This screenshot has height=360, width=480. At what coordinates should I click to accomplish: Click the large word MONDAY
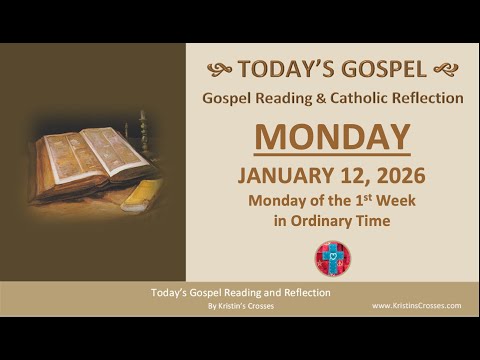click(x=331, y=138)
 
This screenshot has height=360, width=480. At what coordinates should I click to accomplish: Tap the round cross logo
click(x=331, y=258)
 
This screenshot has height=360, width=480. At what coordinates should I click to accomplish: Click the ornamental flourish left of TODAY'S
click(x=219, y=69)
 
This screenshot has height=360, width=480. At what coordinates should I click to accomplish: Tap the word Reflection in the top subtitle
click(x=428, y=98)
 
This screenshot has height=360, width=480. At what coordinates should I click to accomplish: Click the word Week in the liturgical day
click(x=396, y=201)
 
